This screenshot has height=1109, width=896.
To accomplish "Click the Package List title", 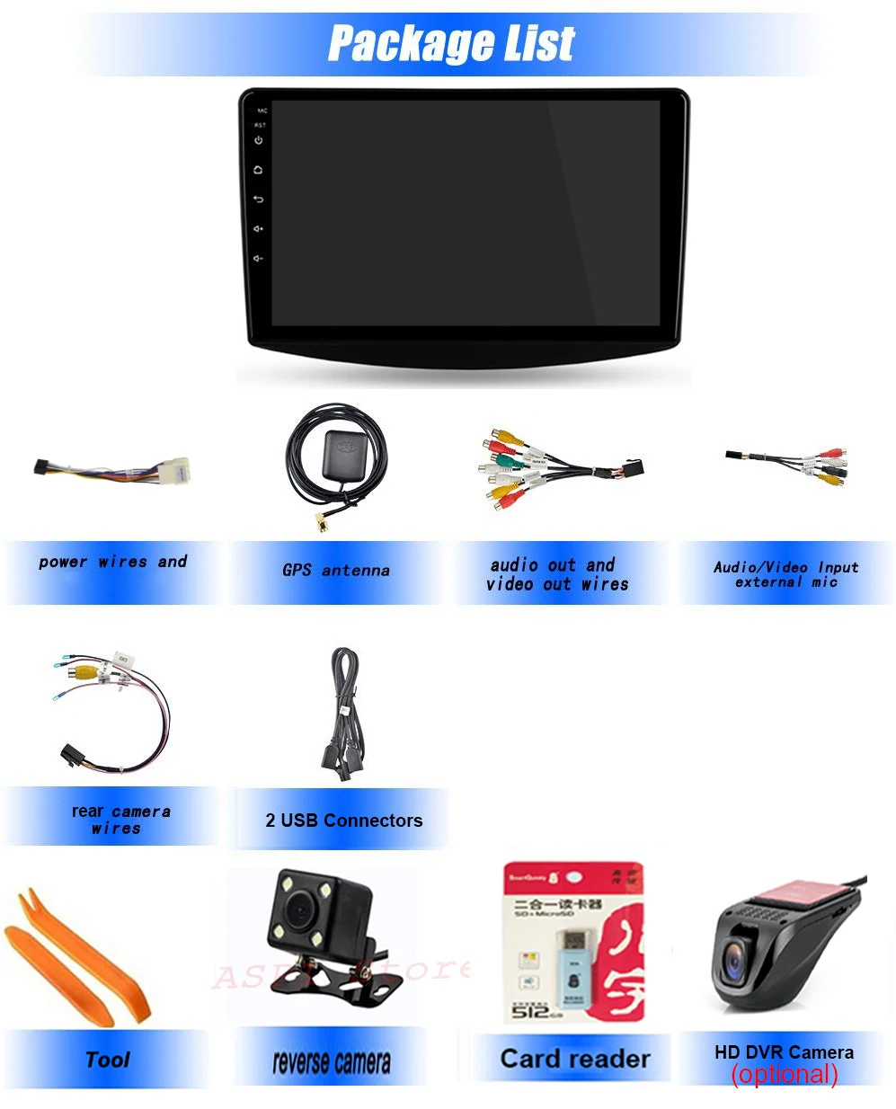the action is pos(451,42).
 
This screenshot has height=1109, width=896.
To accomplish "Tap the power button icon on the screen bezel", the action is pos(259,141).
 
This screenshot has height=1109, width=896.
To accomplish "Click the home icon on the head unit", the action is pos(259,170).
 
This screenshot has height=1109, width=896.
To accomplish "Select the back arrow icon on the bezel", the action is pos(259,200).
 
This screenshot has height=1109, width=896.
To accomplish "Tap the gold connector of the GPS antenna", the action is pos(318,520).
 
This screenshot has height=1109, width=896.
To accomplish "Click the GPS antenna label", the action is pos(336,571).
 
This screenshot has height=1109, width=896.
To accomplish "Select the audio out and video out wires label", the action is pos(557,574).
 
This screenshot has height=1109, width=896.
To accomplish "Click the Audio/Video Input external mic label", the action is pos(786,574).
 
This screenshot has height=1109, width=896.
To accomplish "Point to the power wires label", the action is pos(113,563).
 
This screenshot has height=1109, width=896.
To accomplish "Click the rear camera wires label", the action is pos(120,820).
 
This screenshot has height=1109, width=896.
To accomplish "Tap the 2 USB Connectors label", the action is pos(343,821).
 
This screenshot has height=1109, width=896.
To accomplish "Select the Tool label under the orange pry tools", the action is pos(108,1060).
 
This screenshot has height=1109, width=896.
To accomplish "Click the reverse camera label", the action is pos(332,1063).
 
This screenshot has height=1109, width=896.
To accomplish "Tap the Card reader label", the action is pos(575,1059).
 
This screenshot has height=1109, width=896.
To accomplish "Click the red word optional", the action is pos(785,1074).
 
